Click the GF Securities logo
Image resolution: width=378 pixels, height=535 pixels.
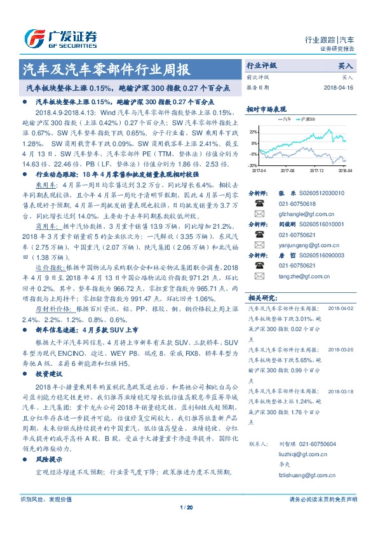60,38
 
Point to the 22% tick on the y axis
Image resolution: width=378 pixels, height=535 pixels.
253,132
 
